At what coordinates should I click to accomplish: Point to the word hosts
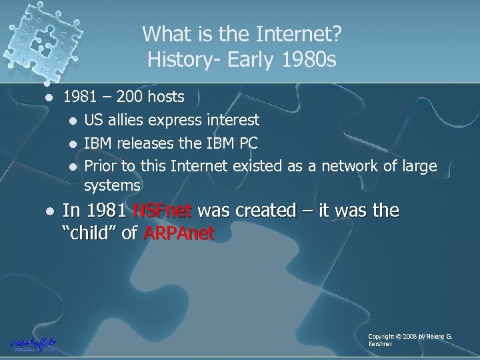[165, 98]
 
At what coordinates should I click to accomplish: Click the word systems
[112, 184]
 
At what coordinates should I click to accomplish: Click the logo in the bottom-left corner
[33, 342]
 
